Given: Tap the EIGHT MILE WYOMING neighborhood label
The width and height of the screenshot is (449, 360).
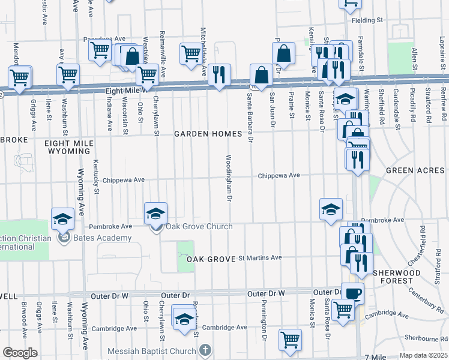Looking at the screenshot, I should click(70, 148).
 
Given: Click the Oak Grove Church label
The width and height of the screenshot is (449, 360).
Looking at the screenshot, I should click(199, 226).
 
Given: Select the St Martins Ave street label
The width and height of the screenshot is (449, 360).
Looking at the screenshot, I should click(260, 257).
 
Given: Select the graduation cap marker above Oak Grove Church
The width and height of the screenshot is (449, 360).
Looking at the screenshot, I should click(155, 213).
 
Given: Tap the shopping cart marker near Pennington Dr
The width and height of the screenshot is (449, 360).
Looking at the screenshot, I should click(291, 339).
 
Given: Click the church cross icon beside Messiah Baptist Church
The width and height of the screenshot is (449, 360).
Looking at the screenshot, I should click(205, 349).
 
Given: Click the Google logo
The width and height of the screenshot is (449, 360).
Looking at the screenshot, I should click(19, 353).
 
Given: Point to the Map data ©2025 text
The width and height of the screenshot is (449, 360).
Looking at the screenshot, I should click(423, 355).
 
